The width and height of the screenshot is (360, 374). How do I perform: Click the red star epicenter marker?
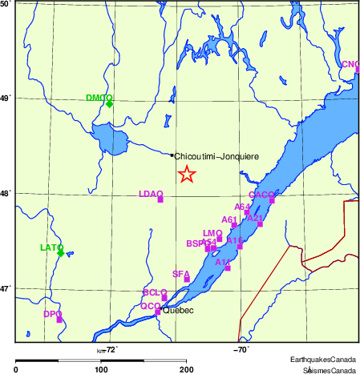click(186, 175)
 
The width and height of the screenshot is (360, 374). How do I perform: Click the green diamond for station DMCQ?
click(109, 104)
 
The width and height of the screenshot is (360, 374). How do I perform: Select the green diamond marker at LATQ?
click(61, 253)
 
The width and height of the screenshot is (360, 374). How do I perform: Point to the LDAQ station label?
click(151, 194)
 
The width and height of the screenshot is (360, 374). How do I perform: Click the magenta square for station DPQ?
click(59, 320)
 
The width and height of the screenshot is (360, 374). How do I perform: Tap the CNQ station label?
click(350, 64)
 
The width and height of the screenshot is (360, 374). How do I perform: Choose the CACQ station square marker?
click(272, 200)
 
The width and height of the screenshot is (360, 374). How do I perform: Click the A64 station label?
click(242, 207)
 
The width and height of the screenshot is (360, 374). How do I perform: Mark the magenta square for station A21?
click(260, 224)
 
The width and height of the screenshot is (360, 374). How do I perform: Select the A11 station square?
click(228, 267)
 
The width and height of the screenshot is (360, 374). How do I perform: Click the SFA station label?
click(180, 274)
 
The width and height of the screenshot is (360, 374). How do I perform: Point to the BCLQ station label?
click(154, 292)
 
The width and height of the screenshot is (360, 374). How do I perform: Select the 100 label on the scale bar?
click(101, 369)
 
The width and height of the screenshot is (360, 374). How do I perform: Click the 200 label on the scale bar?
click(186, 369)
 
